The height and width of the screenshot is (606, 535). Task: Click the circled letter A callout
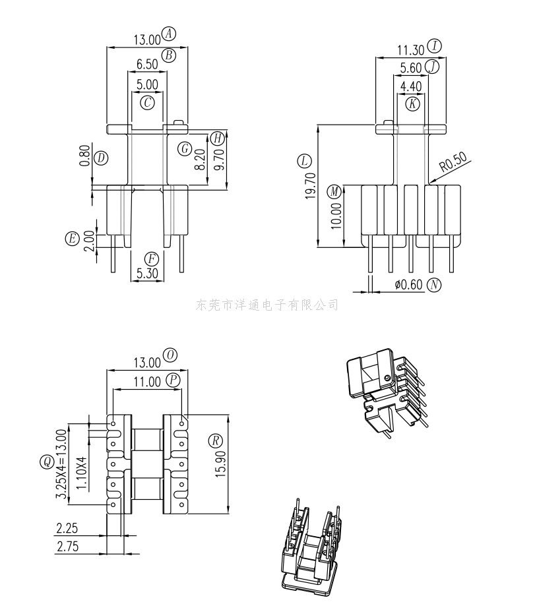[x=168, y=34]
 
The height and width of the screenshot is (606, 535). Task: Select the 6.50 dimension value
[x=147, y=64]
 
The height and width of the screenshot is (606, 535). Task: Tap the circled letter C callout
[x=147, y=103]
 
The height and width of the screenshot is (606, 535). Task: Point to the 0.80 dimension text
[x=85, y=156]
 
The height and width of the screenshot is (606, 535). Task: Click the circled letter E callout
[x=73, y=239]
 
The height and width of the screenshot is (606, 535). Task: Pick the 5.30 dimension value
[x=147, y=273]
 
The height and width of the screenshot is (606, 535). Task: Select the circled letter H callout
[x=218, y=138]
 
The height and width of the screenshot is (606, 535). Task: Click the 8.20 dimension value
[x=200, y=160]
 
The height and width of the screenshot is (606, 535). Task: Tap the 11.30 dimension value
[x=411, y=50]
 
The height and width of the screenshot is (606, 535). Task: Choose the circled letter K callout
[x=413, y=104]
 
